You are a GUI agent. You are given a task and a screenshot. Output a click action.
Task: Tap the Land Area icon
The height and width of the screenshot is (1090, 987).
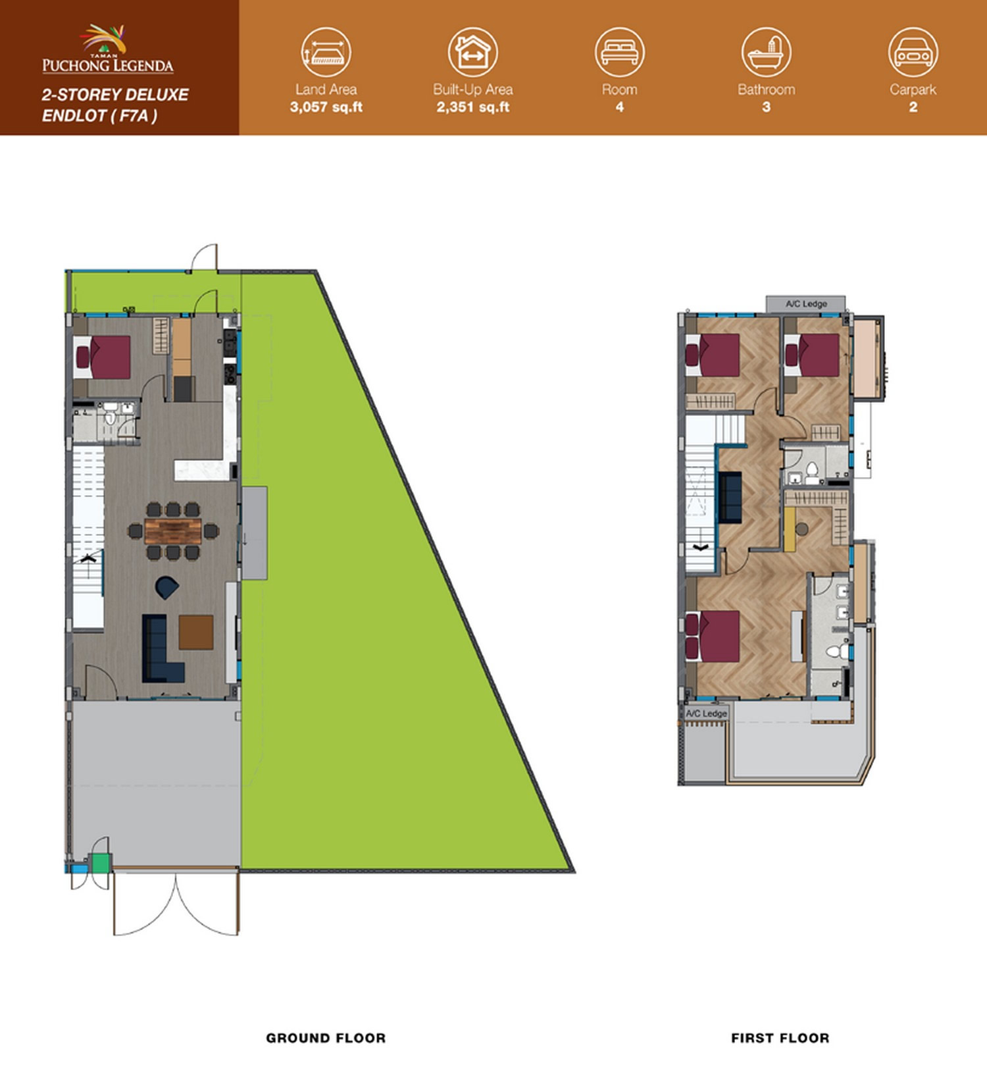pyautogui.click(x=326, y=52)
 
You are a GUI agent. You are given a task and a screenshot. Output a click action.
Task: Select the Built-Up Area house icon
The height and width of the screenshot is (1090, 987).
pyautogui.click(x=472, y=52)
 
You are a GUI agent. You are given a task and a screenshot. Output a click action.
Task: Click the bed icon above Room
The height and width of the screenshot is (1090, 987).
pyautogui.click(x=619, y=52)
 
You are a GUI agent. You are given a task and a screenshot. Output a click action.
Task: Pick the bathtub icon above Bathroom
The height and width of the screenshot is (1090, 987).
pyautogui.click(x=766, y=52)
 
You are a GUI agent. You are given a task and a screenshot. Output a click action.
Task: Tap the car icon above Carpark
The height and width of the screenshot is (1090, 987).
pyautogui.click(x=913, y=52)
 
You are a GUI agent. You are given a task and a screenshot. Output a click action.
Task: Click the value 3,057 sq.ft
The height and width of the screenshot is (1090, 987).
pyautogui.click(x=326, y=107)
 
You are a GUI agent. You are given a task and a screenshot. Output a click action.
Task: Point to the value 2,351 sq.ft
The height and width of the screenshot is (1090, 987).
pyautogui.click(x=473, y=107)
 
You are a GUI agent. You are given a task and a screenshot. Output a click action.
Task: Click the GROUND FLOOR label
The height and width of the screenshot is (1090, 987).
pyautogui.click(x=326, y=1038)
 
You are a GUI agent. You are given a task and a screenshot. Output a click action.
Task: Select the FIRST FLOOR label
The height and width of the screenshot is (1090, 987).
pyautogui.click(x=780, y=1038)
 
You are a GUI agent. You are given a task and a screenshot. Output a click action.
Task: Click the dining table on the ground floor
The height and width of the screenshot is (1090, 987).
pyautogui.click(x=172, y=531)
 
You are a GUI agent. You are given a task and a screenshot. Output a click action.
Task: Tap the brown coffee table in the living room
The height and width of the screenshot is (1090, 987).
pyautogui.click(x=196, y=633)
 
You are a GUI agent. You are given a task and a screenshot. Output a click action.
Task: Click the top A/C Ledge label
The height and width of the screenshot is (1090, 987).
pyautogui.click(x=806, y=304)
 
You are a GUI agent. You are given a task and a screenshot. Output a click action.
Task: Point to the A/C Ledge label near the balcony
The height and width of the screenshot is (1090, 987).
pyautogui.click(x=707, y=714)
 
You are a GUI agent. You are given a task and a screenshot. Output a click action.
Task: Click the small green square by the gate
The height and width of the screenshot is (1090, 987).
pyautogui.click(x=101, y=863)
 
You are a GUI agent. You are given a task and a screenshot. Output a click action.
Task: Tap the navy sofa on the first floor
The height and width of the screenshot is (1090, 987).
pyautogui.click(x=730, y=497)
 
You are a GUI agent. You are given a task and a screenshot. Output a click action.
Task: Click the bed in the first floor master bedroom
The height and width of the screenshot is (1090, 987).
pyautogui.click(x=713, y=635)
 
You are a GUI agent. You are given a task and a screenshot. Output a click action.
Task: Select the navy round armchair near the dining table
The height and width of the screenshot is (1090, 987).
pyautogui.click(x=166, y=587)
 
